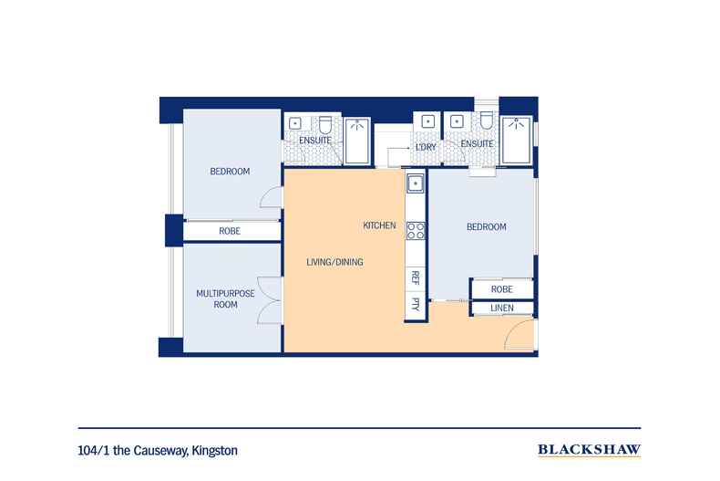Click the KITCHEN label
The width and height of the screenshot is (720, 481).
coord(379,225)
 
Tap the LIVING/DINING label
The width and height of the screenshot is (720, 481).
coord(334,262)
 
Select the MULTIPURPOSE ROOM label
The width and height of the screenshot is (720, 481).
coord(225,298)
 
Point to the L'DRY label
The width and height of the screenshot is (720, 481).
coord(426,148)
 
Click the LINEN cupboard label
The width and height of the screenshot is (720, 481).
coord(502,308)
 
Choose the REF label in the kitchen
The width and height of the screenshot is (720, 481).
coord(415,277)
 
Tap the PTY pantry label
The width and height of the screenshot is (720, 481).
coord(415,304)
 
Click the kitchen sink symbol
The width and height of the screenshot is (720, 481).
coord(416,183)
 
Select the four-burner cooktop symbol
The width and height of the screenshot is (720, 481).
coord(416,230)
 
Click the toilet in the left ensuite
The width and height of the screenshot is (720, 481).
coord(325,125)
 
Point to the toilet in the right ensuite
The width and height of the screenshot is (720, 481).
coord(487,120)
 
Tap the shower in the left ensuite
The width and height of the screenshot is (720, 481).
coord(356,141)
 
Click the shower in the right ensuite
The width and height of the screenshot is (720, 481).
coord(517,140)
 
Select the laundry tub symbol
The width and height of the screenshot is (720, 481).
coord(428,121)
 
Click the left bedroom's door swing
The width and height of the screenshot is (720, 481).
coord(271,198)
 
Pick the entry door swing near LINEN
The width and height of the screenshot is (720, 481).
coord(519,334)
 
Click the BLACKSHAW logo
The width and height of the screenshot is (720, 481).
coord(589,450)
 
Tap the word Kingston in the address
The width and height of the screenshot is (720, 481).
coord(214,451)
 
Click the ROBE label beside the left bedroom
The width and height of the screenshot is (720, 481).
coord(230,231)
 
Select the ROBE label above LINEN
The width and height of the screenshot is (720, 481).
coord(502,289)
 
